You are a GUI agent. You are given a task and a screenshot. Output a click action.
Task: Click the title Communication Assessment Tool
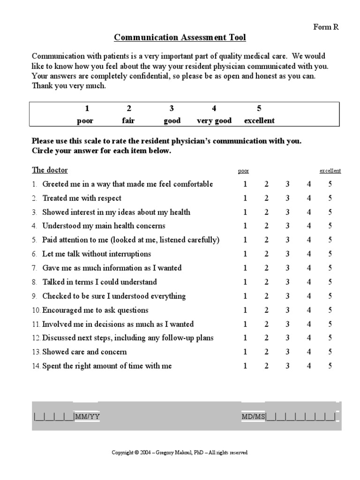[x=180, y=37]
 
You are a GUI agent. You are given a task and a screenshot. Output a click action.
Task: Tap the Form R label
[x=325, y=27]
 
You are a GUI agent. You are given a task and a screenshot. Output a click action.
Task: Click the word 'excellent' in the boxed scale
[x=259, y=120]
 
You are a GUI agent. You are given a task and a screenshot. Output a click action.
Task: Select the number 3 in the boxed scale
[x=172, y=108]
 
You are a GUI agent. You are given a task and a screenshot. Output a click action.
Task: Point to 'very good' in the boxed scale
[x=214, y=120]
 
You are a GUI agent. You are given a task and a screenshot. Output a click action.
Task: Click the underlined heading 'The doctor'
[x=50, y=170]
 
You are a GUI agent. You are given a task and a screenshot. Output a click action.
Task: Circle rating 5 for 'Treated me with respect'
[x=330, y=198]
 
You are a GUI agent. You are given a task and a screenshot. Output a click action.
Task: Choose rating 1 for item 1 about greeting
[x=245, y=184]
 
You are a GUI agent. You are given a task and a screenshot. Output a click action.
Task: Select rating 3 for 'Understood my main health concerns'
[x=287, y=226]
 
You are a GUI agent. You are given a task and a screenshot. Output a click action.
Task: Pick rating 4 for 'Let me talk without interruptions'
[x=309, y=254]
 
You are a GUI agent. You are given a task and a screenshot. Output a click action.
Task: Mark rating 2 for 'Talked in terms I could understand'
[x=266, y=282]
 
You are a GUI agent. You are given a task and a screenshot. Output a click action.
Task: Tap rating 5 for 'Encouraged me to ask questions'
[x=330, y=310]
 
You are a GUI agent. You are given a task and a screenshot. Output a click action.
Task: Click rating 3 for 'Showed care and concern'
[x=287, y=352]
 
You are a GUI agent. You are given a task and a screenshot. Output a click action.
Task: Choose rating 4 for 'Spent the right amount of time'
[x=309, y=366]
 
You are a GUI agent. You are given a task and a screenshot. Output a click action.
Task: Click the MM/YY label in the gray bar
[x=87, y=416]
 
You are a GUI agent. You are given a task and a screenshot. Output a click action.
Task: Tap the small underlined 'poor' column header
[x=244, y=171]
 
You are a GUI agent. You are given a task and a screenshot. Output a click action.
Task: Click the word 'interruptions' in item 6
[x=129, y=254]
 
